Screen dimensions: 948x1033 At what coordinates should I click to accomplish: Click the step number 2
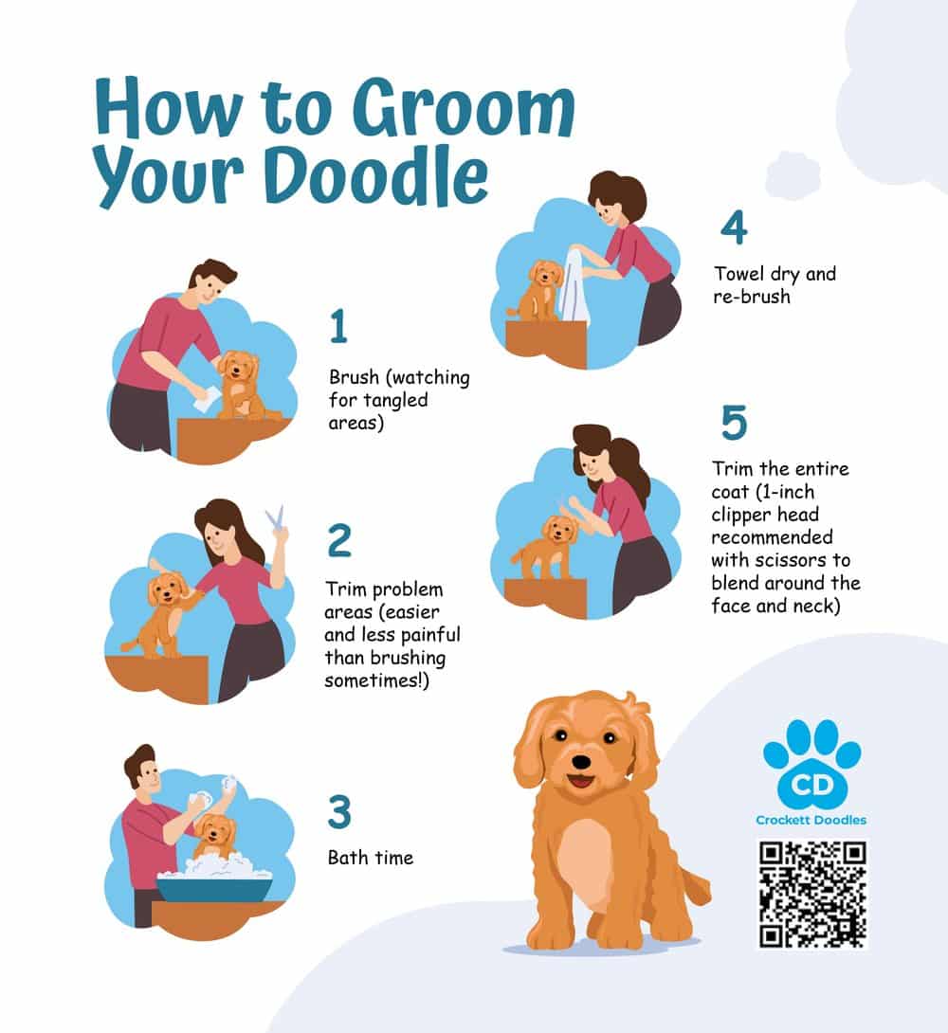(x=339, y=540)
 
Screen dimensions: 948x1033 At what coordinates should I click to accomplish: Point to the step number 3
(x=339, y=811)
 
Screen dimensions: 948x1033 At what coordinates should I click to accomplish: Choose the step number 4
(x=734, y=227)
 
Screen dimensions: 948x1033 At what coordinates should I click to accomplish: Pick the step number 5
(x=734, y=423)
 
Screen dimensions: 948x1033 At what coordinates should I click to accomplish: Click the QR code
(x=812, y=894)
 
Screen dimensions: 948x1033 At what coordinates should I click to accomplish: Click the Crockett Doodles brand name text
(x=811, y=820)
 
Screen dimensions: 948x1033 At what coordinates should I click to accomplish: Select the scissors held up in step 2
(x=276, y=516)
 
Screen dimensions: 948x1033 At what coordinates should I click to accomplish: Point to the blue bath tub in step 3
(x=214, y=889)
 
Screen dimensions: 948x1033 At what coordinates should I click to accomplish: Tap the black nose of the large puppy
(x=581, y=762)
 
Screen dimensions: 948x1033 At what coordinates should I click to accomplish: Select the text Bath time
(x=371, y=857)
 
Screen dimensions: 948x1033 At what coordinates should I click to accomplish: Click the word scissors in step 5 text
(x=788, y=560)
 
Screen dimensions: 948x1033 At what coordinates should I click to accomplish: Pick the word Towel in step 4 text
(x=739, y=273)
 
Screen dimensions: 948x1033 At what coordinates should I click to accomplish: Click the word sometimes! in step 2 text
(x=376, y=680)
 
